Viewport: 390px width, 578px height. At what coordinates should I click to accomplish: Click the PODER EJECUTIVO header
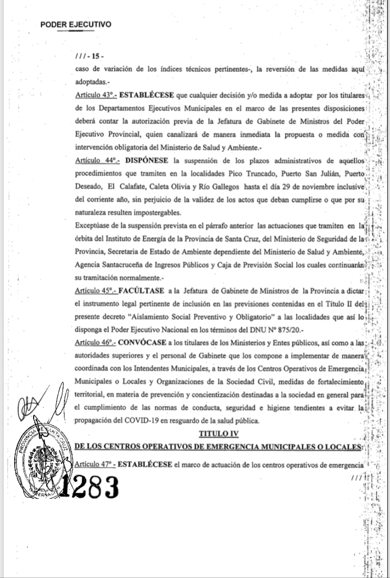tap(75, 24)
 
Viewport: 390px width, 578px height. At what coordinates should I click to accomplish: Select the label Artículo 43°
tap(95, 96)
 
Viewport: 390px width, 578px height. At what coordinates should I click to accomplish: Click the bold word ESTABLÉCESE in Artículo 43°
tap(150, 96)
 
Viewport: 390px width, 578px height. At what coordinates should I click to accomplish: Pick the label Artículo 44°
tap(96, 159)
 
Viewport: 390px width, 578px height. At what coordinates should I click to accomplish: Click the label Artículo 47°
tap(96, 464)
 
